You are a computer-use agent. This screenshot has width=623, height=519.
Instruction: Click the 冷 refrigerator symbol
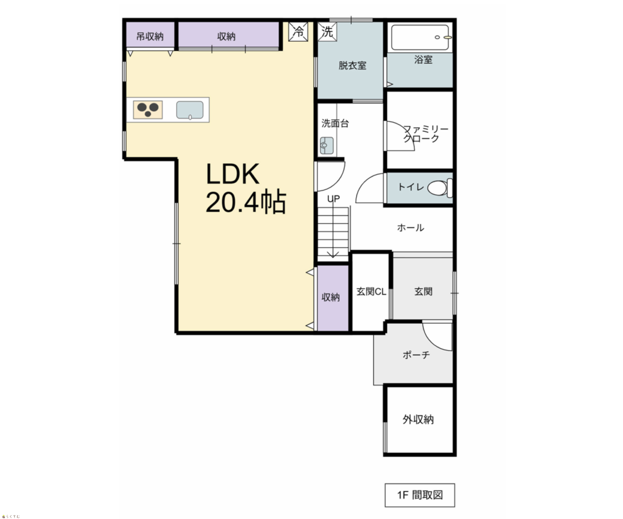point(298,31)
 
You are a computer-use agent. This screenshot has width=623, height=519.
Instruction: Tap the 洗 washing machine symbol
point(327,31)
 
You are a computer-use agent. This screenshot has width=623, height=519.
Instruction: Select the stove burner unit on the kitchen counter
point(148,110)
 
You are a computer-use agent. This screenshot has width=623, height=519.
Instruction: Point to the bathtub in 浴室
point(420,37)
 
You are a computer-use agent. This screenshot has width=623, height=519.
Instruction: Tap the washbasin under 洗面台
point(327,145)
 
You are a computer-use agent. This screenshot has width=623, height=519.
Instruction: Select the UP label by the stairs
point(333,199)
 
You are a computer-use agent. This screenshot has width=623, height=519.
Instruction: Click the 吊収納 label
point(150,36)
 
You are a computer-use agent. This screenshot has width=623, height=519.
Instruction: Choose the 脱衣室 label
point(352,66)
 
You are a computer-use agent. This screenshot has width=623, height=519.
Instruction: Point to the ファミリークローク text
point(425,134)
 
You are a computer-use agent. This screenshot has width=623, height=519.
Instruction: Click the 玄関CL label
point(371,292)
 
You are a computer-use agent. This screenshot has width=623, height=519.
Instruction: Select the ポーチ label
point(416,355)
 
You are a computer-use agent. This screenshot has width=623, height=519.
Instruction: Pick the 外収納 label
point(418,419)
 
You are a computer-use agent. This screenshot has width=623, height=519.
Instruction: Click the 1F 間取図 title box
point(420,495)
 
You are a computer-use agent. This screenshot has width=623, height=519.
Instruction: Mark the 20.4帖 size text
point(246,202)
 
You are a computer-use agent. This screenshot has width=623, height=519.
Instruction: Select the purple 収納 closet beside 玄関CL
point(333,298)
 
